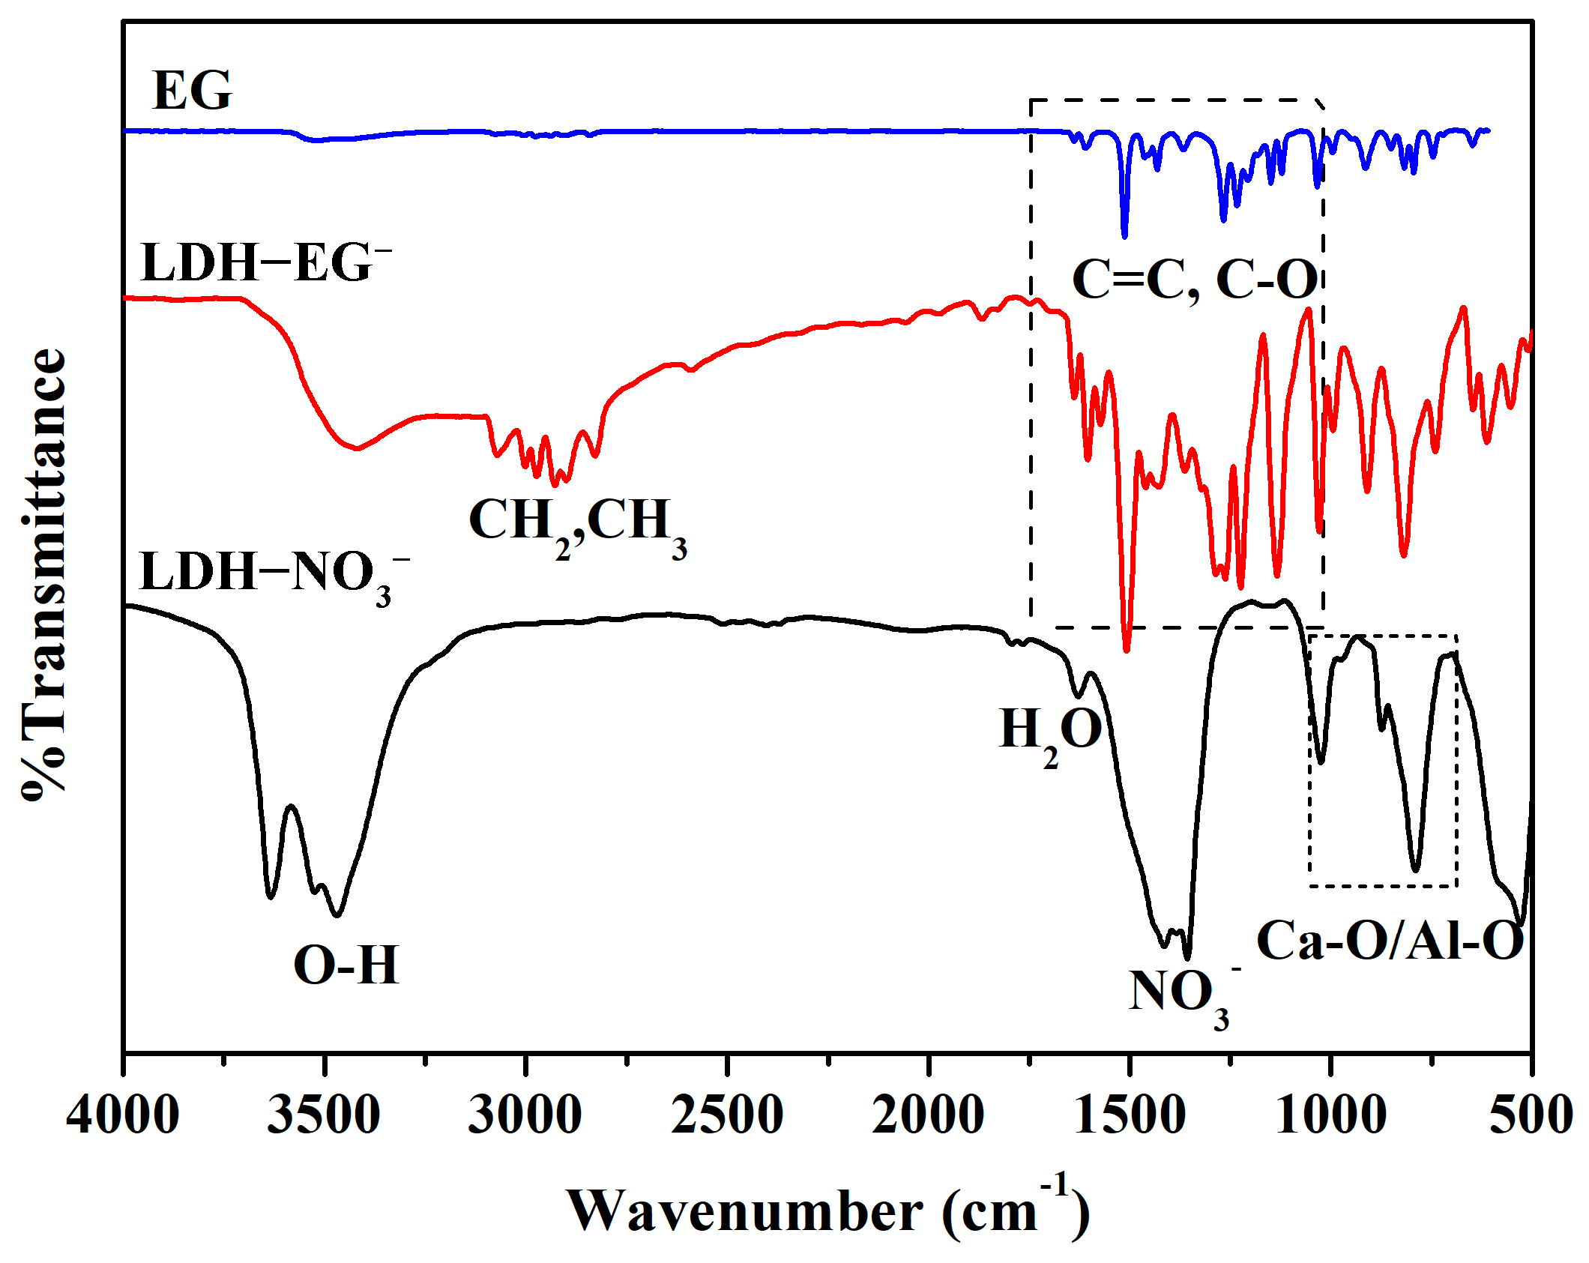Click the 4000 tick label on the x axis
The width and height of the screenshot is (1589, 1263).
[122, 1115]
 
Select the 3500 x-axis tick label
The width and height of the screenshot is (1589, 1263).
[324, 1115]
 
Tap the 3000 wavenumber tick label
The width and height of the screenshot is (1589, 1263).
[525, 1115]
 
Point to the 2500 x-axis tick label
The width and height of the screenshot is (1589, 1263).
[726, 1115]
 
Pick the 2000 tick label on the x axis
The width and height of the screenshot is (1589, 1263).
[928, 1115]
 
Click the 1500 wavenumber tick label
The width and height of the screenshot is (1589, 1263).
[1129, 1115]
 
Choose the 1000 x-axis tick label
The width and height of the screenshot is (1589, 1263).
[1330, 1115]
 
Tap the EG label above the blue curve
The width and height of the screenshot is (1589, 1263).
[192, 91]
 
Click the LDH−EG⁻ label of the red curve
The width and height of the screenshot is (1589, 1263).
[266, 262]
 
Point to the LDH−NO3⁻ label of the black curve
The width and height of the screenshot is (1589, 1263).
[274, 574]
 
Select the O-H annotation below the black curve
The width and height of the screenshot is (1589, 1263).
[346, 965]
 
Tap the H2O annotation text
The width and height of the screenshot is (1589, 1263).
[1051, 731]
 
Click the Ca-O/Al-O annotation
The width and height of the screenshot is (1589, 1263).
[1390, 941]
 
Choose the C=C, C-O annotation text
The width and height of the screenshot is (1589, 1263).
[1195, 280]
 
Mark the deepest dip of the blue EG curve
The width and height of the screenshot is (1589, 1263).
[1124, 235]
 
